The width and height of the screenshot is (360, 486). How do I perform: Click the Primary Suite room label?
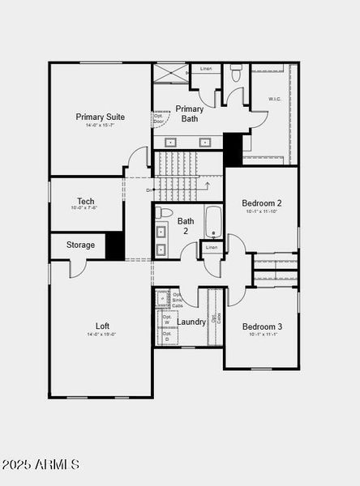click(x=101, y=117)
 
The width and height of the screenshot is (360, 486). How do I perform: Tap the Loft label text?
click(x=102, y=326)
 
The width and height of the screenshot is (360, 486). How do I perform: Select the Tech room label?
click(x=86, y=202)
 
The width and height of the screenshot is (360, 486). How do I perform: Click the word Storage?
click(x=80, y=245)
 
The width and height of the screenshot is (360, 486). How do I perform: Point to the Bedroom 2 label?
click(x=262, y=202)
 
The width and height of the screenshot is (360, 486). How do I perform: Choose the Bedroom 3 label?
click(x=262, y=326)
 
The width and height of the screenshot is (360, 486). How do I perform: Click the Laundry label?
click(x=191, y=322)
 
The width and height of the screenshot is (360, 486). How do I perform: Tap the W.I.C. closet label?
click(x=276, y=100)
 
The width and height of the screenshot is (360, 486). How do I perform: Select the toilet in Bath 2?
click(x=165, y=213)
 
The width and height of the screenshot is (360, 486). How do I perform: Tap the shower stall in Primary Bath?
click(x=170, y=73)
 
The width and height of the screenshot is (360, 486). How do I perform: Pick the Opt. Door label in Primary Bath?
click(x=159, y=118)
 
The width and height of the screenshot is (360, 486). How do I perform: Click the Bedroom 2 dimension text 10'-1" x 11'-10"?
click(x=262, y=211)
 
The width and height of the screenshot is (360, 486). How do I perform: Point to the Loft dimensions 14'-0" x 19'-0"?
click(x=102, y=335)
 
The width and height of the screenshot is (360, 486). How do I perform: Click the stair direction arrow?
click(x=207, y=185)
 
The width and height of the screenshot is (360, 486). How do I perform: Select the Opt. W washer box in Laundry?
click(x=167, y=320)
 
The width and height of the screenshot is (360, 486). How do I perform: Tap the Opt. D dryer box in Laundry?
click(x=167, y=337)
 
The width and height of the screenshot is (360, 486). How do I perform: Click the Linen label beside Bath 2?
click(x=212, y=247)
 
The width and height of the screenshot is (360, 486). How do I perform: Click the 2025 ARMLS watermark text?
click(x=41, y=465)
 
